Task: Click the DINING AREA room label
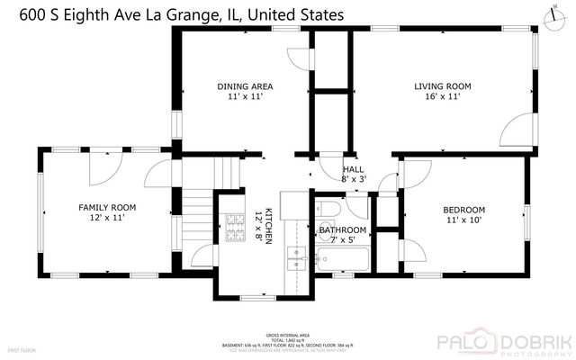245,87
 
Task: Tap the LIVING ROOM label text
442,87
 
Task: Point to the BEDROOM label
463,210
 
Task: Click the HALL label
353,169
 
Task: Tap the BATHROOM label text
343,230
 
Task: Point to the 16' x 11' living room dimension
442,97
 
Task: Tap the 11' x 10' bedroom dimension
463,220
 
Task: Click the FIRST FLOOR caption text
21,348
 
